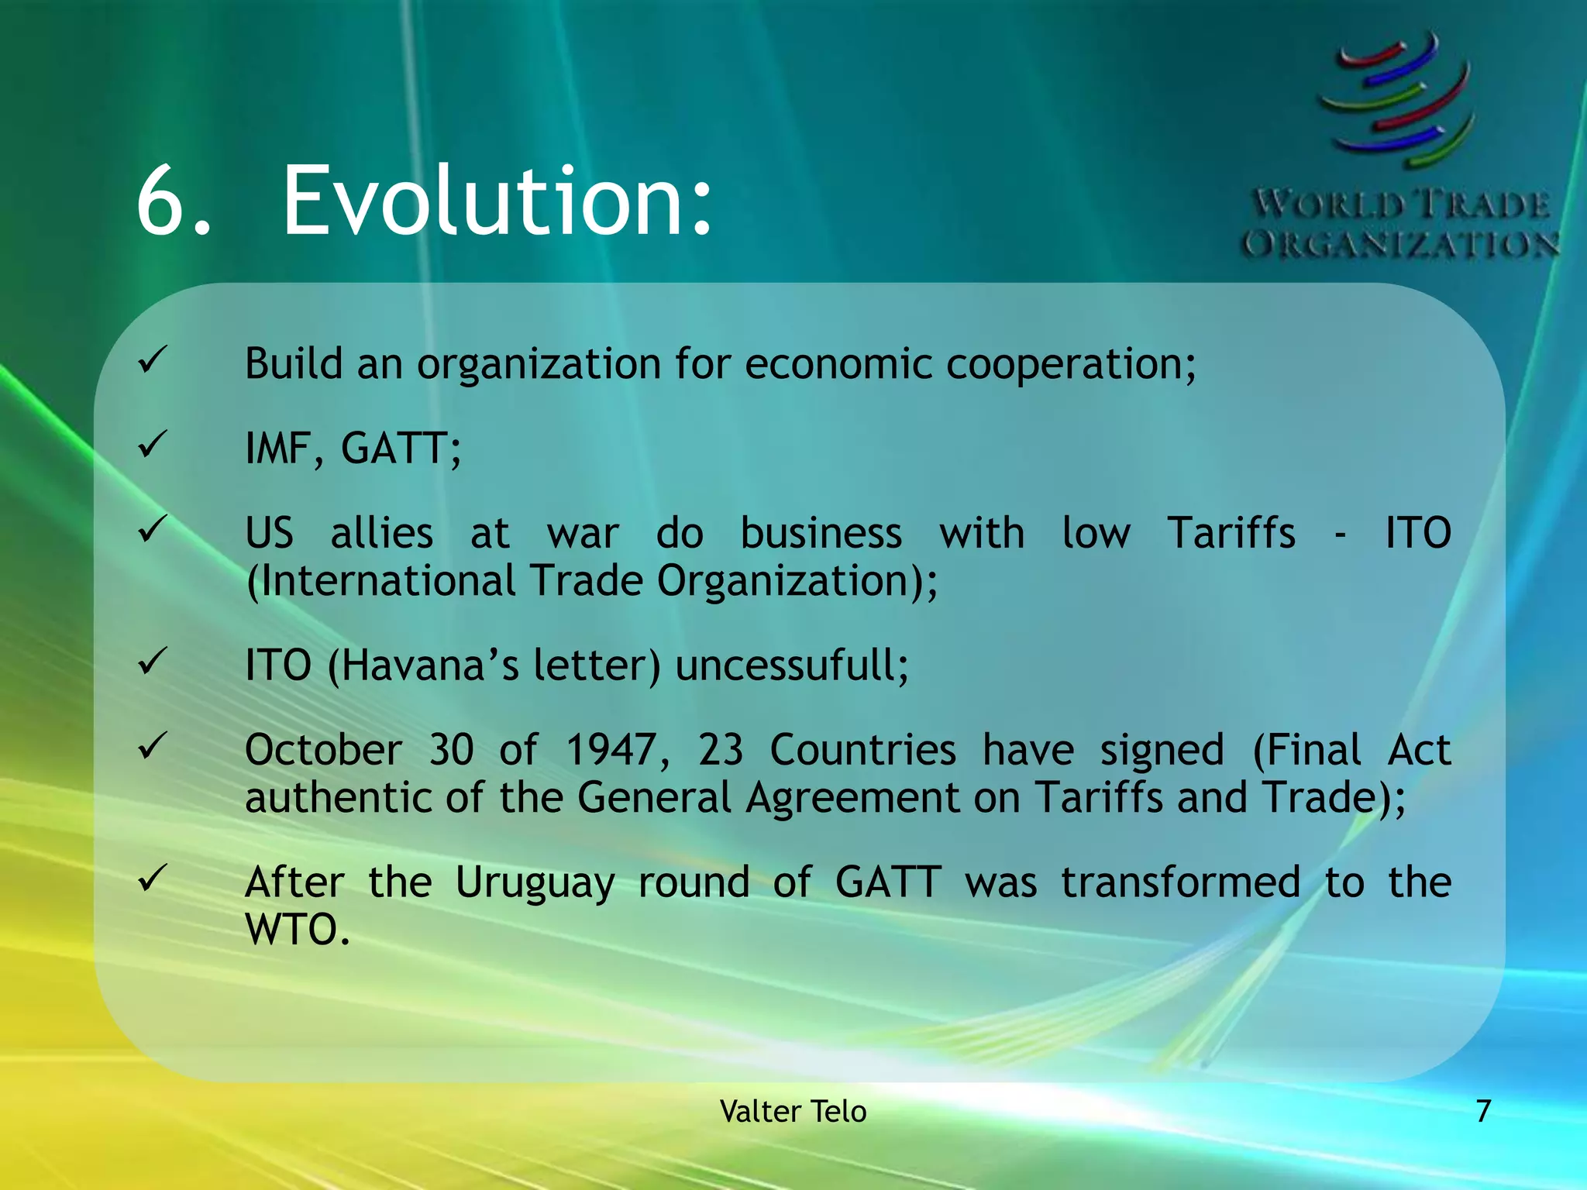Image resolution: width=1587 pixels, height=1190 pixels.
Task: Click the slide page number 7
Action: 1483,1111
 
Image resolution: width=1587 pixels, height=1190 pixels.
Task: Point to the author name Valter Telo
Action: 793,1111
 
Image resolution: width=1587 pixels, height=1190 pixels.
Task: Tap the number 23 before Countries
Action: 721,750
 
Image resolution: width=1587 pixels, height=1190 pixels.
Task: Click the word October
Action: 323,750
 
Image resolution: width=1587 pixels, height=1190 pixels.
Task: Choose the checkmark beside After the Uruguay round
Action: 153,878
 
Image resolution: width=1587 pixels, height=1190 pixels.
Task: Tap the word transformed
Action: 1180,882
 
